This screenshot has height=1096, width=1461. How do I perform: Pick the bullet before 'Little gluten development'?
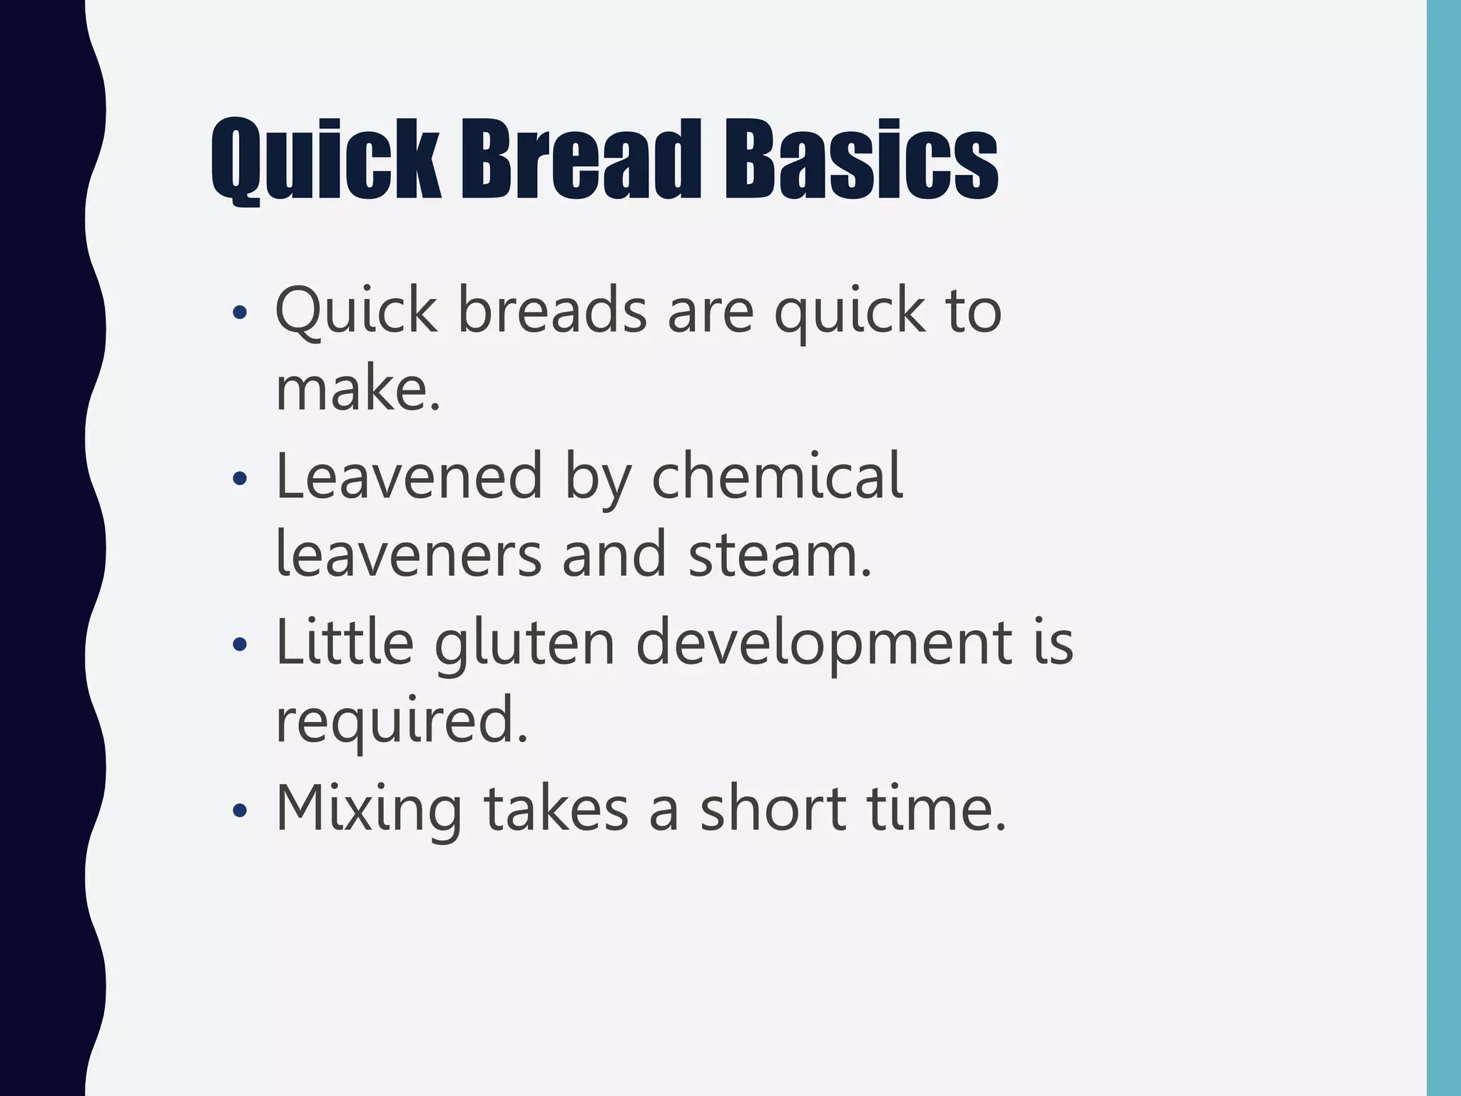[x=240, y=644]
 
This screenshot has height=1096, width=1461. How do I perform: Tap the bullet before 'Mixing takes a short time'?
[x=240, y=810]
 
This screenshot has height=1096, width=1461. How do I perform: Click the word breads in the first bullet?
[x=551, y=310]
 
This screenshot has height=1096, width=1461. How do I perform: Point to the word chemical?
[x=777, y=477]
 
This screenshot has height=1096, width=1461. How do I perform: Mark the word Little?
[x=345, y=642]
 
